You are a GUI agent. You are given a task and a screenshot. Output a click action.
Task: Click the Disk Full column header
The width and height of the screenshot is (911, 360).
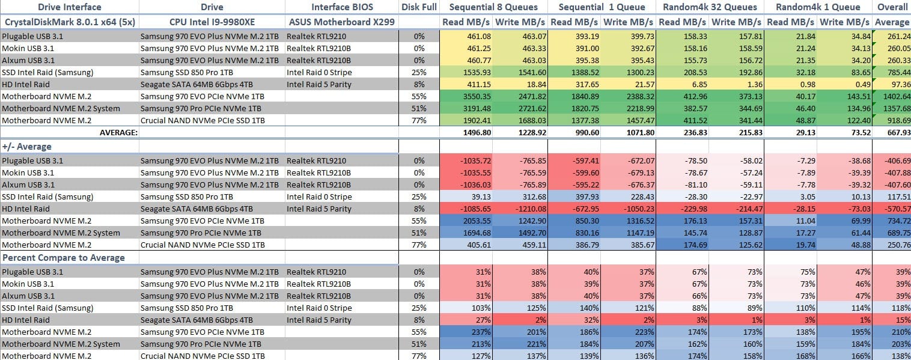point(419,7)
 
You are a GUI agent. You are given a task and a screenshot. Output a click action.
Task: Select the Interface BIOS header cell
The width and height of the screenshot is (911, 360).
point(342,7)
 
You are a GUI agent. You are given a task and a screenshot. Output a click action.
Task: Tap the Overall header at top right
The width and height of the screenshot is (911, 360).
point(892,7)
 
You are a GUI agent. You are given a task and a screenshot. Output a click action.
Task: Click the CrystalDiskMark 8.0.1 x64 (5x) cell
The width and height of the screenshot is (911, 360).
point(70,22)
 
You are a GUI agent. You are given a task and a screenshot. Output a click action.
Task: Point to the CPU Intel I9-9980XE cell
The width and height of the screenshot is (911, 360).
point(212,22)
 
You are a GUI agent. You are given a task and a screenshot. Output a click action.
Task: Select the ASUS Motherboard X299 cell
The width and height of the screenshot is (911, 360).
point(341,22)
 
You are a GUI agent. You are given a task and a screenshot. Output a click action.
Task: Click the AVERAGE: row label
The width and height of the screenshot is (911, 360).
point(119,133)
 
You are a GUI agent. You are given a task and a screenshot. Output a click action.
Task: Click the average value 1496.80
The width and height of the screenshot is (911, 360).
point(476,133)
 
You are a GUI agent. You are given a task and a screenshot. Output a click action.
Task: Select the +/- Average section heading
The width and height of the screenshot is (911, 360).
point(27,147)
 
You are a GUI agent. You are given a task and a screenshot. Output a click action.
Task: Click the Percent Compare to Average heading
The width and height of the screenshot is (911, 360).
point(64,258)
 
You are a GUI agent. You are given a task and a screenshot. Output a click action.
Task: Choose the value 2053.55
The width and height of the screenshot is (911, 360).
point(476,221)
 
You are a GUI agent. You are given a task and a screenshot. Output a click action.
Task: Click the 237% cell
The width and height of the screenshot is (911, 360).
point(481,332)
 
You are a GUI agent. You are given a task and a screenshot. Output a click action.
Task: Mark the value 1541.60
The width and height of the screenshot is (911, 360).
point(531,72)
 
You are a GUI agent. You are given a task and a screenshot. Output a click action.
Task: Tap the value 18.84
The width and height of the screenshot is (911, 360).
point(537,85)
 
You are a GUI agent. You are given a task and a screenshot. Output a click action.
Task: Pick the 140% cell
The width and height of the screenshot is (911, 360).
point(590,308)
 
